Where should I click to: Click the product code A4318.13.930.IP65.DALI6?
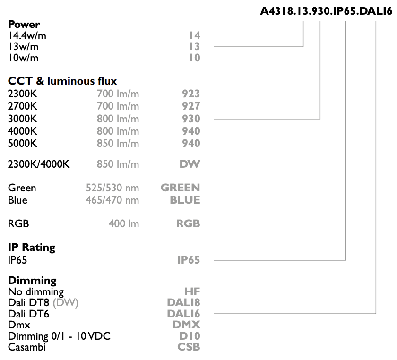tap(326, 11)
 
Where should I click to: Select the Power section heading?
tap(24, 24)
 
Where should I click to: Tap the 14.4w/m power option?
tap(27, 36)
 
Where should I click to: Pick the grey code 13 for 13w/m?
tap(195, 47)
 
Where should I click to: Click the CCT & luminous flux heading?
tap(62, 81)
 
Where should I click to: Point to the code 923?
tap(191, 94)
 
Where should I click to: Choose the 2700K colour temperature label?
tap(23, 106)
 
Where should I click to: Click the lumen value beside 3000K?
tap(118, 119)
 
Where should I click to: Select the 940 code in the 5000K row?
tap(191, 143)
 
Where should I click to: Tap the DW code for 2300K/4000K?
tap(190, 164)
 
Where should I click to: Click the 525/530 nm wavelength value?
tap(112, 188)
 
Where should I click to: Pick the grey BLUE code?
tap(185, 200)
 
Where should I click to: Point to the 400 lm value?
tap(124, 224)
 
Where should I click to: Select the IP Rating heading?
tap(32, 248)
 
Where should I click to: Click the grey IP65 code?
tap(189, 260)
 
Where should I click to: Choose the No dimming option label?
tap(36, 292)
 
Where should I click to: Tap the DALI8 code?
tap(183, 302)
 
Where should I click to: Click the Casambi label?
tap(27, 347)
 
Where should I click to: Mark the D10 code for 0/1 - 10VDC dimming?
tap(190, 336)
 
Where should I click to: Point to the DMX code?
tap(186, 325)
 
